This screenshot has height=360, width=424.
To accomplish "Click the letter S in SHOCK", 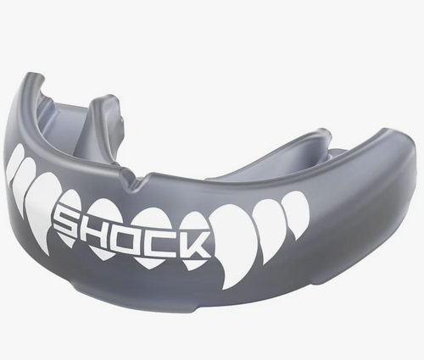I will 69,222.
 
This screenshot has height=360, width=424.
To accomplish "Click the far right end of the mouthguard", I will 410,169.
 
